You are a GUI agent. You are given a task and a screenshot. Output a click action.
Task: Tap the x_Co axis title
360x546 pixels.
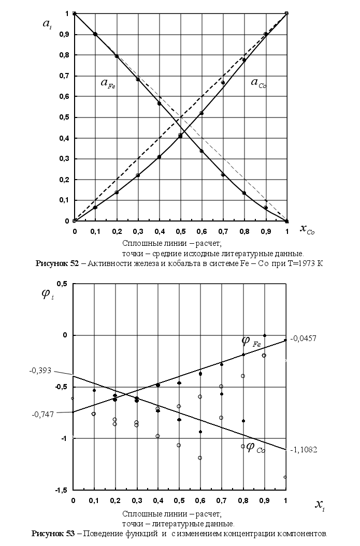coord(307,229)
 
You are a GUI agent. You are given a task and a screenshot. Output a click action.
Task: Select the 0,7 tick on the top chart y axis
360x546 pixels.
coord(64,76)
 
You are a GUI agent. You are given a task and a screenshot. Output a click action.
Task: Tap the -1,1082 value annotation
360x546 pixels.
coord(305,450)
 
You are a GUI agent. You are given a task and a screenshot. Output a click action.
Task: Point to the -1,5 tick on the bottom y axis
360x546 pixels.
coord(63,490)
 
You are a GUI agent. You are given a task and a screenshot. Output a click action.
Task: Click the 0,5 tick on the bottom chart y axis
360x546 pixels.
coord(63,284)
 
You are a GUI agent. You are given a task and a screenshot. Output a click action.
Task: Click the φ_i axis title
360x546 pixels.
coord(47,296)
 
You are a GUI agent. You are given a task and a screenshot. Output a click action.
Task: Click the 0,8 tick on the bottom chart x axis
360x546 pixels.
coord(242,500)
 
